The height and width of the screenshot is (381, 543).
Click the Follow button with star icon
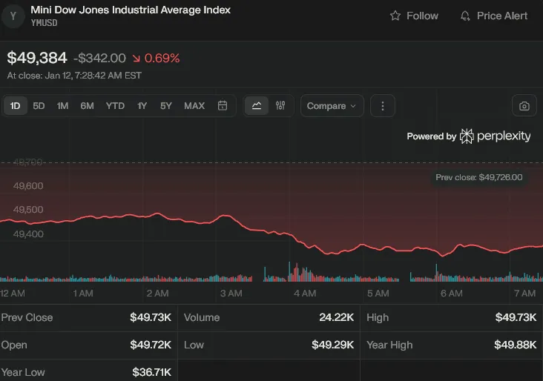tap(414, 16)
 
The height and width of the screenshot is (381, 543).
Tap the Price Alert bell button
tap(494, 16)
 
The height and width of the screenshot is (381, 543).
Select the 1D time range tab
tap(15, 106)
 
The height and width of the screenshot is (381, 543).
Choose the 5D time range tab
tap(39, 106)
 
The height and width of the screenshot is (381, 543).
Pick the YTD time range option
tap(115, 106)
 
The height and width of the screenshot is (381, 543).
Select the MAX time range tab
tap(194, 106)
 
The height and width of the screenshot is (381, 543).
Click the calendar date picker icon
tap(222, 106)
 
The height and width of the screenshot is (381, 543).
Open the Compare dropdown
tap(332, 106)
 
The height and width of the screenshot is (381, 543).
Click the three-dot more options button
tap(382, 106)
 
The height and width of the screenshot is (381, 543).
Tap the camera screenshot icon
tap(524, 106)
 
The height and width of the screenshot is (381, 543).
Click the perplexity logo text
tap(503, 136)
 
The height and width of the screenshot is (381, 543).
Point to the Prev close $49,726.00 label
tap(479, 177)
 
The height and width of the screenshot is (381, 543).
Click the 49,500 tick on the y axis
tap(28, 210)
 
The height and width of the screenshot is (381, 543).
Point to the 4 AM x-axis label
tap(305, 294)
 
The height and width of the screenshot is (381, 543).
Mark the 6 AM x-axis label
tap(451, 294)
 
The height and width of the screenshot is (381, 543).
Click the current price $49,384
tap(37, 58)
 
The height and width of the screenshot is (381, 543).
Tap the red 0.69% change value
tap(162, 58)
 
